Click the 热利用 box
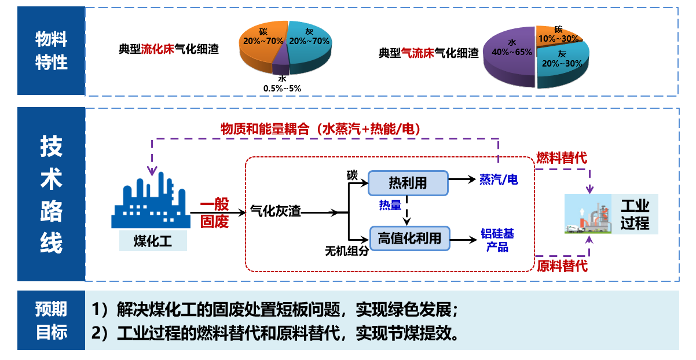pyautogui.click(x=408, y=183)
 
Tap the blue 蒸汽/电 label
pyautogui.click(x=499, y=180)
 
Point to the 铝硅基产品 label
pyautogui.click(x=497, y=240)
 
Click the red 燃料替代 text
pyautogui.click(x=561, y=157)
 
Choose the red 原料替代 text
pyautogui.click(x=562, y=267)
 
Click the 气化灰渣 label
pyautogui.click(x=276, y=212)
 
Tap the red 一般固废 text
pyautogui.click(x=214, y=212)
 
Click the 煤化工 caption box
pyautogui.click(x=153, y=240)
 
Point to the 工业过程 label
pyautogui.click(x=635, y=215)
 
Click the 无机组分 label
pyautogui.click(x=346, y=251)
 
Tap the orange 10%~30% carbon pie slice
pyautogui.click(x=556, y=35)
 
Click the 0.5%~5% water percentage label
pyautogui.click(x=282, y=88)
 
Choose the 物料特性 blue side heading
pyautogui.click(x=52, y=51)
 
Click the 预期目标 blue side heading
pyautogui.click(x=52, y=320)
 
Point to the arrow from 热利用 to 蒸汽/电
pyautogui.click(x=463, y=180)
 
